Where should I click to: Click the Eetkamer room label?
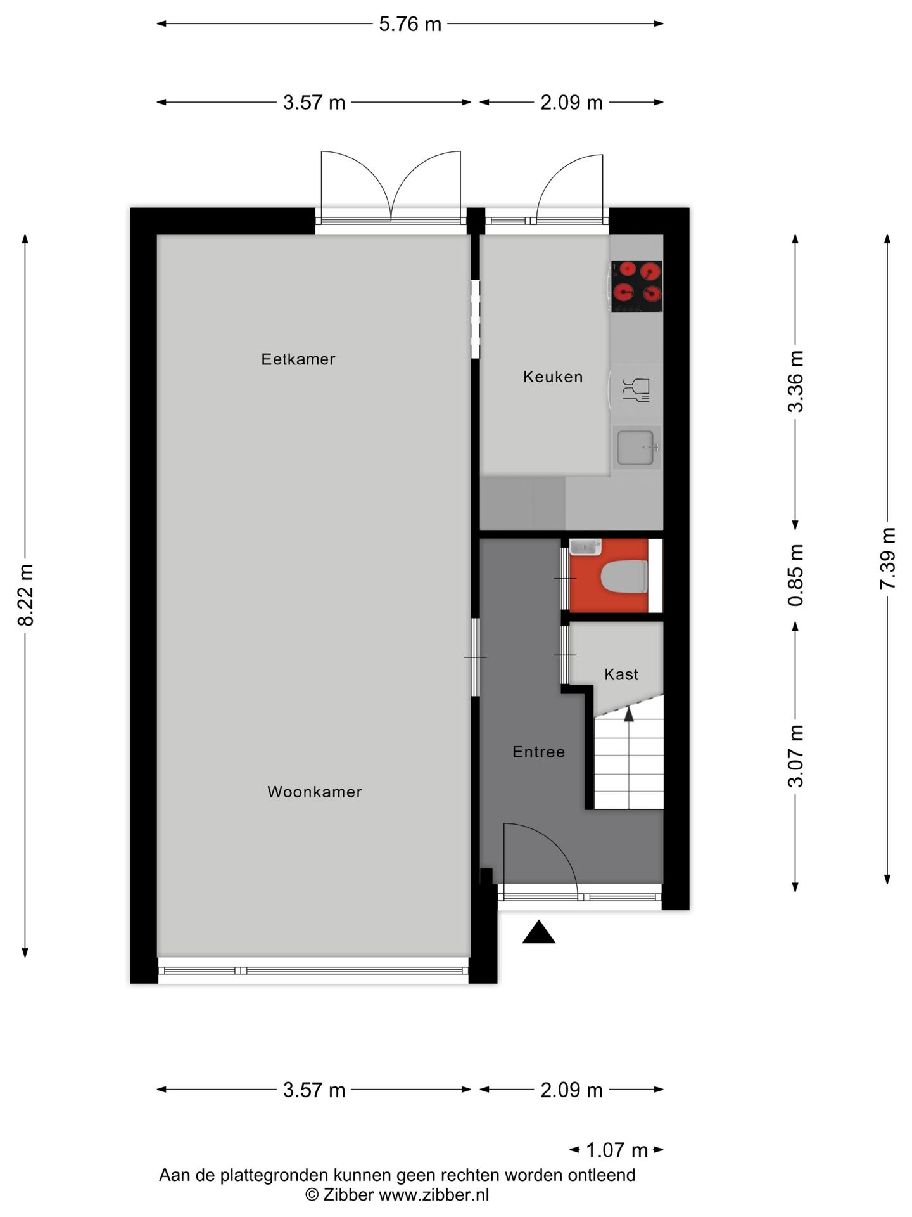click(298, 359)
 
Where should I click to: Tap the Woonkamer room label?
click(314, 792)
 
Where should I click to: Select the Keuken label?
click(552, 377)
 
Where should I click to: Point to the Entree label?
click(538, 752)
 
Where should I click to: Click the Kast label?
click(621, 674)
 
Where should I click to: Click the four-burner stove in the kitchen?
click(636, 287)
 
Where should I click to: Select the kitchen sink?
click(636, 447)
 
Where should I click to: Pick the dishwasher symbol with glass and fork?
click(636, 390)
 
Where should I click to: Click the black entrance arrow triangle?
click(538, 933)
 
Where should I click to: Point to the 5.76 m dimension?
click(410, 24)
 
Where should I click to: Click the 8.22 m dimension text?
click(26, 595)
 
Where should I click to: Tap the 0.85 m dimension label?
click(795, 575)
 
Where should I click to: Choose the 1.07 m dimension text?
click(616, 1150)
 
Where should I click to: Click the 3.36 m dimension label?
click(795, 382)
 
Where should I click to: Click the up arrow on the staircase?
click(629, 714)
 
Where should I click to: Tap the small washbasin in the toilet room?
click(585, 546)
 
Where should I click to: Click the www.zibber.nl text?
click(434, 1195)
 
